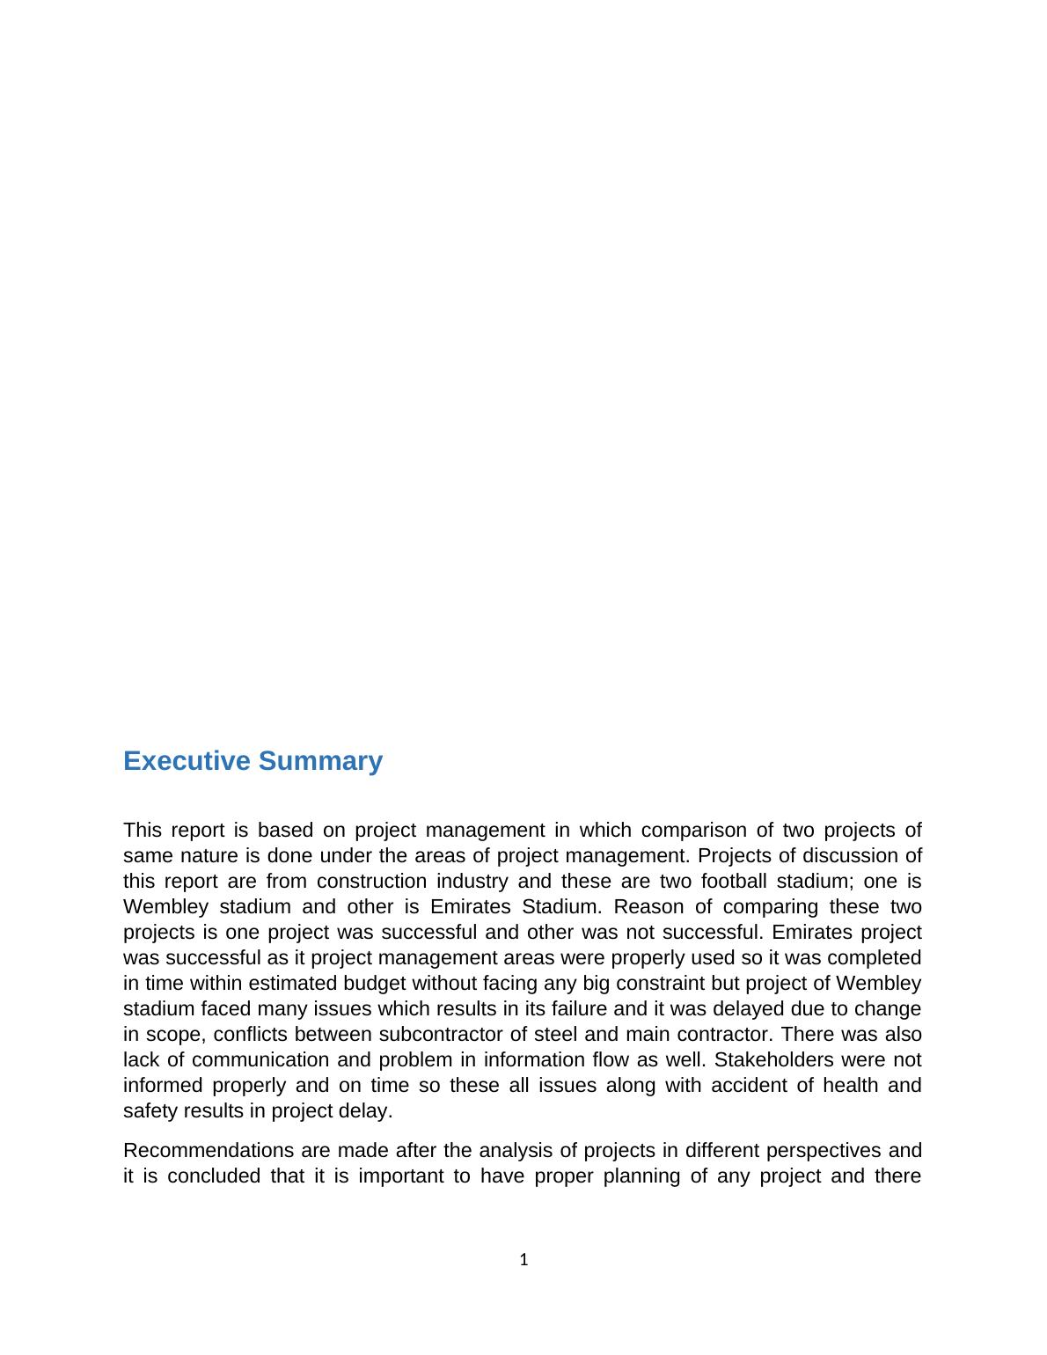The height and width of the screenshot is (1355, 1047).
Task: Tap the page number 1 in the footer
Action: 523,1260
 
